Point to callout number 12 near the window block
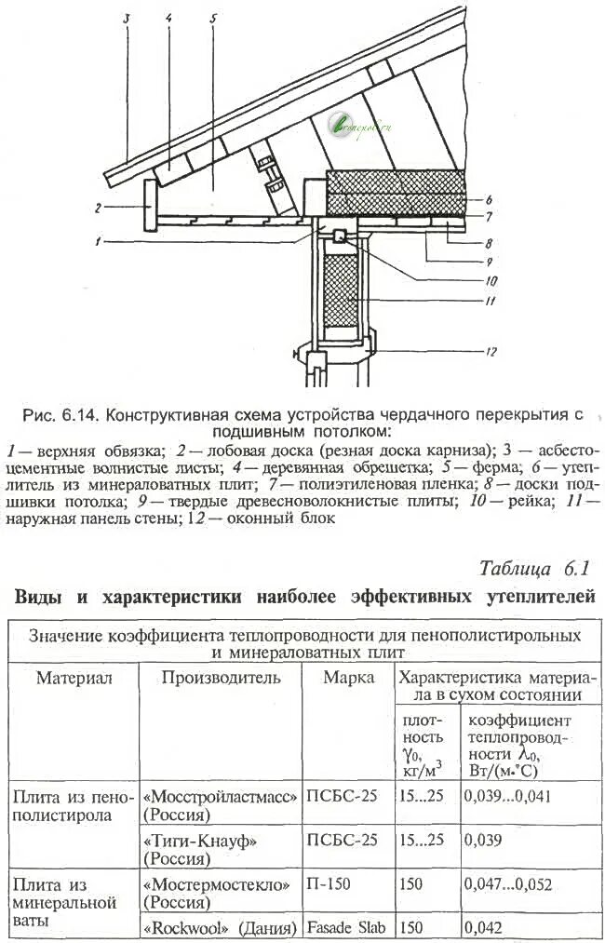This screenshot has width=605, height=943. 491,350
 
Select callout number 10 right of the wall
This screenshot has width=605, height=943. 491,278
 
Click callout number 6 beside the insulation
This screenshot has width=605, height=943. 491,198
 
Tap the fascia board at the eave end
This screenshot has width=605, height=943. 150,207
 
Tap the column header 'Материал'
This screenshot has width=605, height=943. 74,678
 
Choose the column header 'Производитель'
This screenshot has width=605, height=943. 221,678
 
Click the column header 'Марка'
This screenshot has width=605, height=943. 349,678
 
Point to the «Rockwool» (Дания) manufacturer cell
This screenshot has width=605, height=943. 220,927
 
